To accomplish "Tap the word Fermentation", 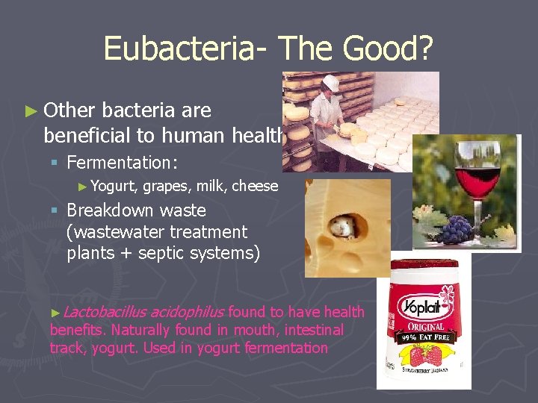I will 120,162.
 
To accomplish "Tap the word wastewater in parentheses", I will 109,232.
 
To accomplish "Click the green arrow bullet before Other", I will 31,111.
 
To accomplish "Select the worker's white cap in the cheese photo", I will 329,82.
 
